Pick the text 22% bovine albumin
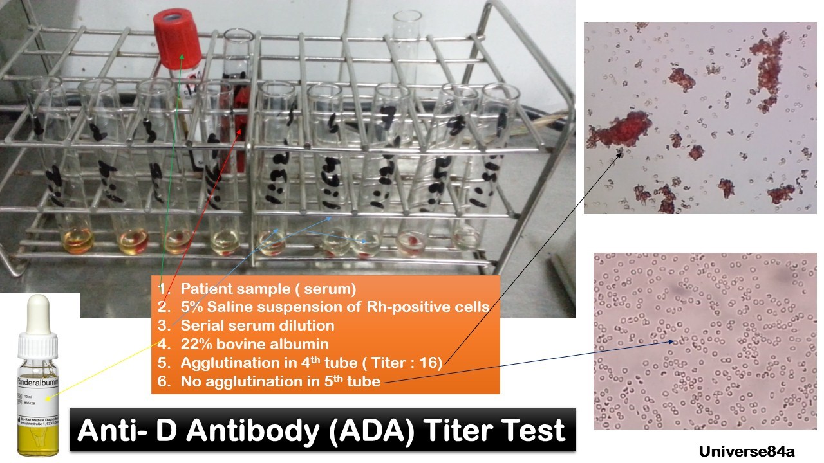[254, 344]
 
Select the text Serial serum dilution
[257, 325]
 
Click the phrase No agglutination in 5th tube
[280, 381]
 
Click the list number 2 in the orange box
[164, 307]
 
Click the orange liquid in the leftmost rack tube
[77, 242]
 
